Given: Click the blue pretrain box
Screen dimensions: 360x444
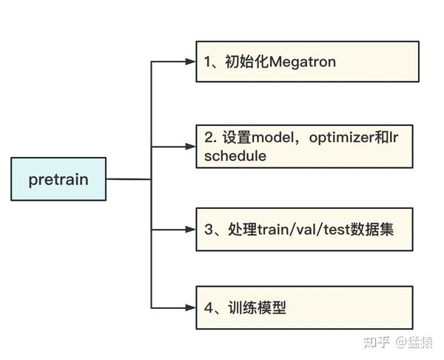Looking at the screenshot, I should pos(58,179).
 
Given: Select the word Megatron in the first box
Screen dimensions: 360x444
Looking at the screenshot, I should pos(303,62).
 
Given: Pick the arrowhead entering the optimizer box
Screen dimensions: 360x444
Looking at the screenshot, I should pos(191,147).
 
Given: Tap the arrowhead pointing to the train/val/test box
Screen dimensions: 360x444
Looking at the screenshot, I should pos(191,229).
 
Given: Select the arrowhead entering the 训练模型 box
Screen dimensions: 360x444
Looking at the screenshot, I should pos(191,307).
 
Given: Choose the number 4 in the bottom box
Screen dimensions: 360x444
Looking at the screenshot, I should pos(209,307).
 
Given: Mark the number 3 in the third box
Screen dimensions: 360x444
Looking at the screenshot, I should pos(209,229).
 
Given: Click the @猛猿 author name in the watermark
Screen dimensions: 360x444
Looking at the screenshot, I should pos(414,341).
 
